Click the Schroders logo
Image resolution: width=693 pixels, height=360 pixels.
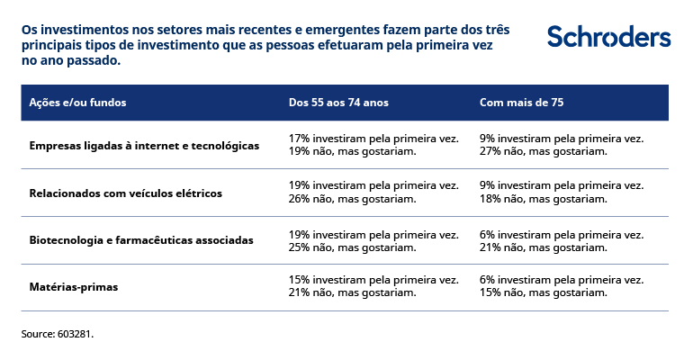pyautogui.click(x=608, y=37)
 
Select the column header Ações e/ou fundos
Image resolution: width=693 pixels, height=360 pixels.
pyautogui.click(x=77, y=103)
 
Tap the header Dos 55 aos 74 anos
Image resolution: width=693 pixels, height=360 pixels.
pyautogui.click(x=338, y=103)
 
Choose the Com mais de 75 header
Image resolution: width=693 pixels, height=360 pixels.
pyautogui.click(x=522, y=103)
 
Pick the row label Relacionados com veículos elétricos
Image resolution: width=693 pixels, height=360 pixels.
pyautogui.click(x=125, y=193)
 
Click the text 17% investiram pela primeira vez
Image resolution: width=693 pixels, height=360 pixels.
pyautogui.click(x=373, y=139)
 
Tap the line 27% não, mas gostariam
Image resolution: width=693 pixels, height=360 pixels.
pyautogui.click(x=544, y=151)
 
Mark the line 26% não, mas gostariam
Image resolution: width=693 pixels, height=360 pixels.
pyautogui.click(x=352, y=199)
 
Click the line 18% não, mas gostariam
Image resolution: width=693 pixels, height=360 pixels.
pyautogui.click(x=544, y=199)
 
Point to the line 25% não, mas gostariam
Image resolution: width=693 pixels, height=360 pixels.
pyautogui.click(x=352, y=247)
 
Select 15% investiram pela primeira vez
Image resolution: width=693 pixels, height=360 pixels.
pyautogui.click(x=373, y=281)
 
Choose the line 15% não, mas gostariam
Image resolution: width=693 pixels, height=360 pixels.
pyautogui.click(x=544, y=293)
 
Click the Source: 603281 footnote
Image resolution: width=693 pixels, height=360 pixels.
pyautogui.click(x=58, y=334)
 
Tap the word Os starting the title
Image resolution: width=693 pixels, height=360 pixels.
pyautogui.click(x=30, y=30)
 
